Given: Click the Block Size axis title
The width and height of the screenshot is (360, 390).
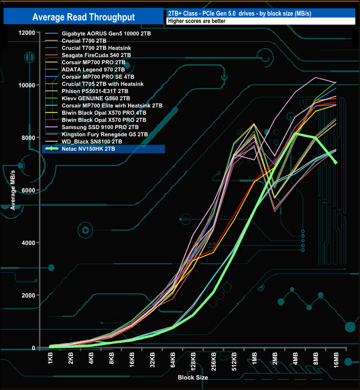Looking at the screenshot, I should [193, 377].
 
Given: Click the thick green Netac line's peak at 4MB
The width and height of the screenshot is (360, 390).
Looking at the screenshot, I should [295, 134].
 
